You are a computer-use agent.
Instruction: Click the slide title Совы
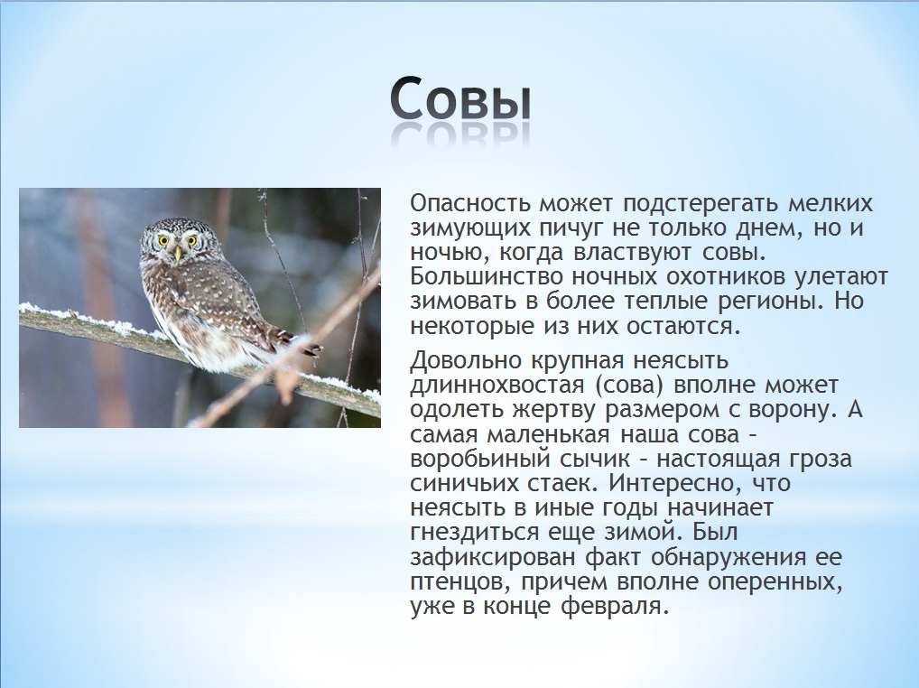click(459, 101)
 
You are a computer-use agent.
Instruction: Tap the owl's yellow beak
click(178, 252)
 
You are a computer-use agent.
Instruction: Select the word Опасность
click(470, 203)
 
